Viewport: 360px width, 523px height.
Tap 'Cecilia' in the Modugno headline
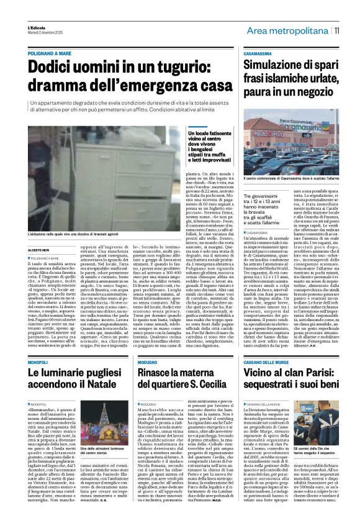pyautogui.click(x=210, y=368)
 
